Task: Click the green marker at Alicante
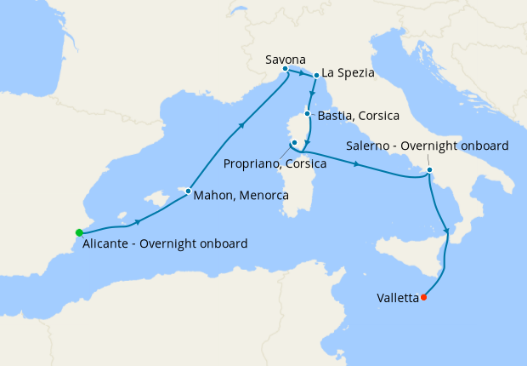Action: [x=78, y=232]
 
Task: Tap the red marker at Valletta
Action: [x=423, y=298]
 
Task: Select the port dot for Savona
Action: [x=285, y=69]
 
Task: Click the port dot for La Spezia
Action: [x=316, y=75]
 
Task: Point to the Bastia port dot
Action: [x=308, y=111]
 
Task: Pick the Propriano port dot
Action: [x=293, y=142]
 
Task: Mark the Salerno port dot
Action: [x=429, y=169]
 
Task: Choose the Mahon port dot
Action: [x=188, y=191]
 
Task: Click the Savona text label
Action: [x=286, y=59]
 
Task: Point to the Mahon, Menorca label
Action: [x=241, y=196]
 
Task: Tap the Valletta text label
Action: [x=397, y=299]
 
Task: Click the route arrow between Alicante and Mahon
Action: [x=137, y=222]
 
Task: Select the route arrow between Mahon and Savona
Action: [x=242, y=126]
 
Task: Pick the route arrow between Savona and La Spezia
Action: [x=302, y=72]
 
